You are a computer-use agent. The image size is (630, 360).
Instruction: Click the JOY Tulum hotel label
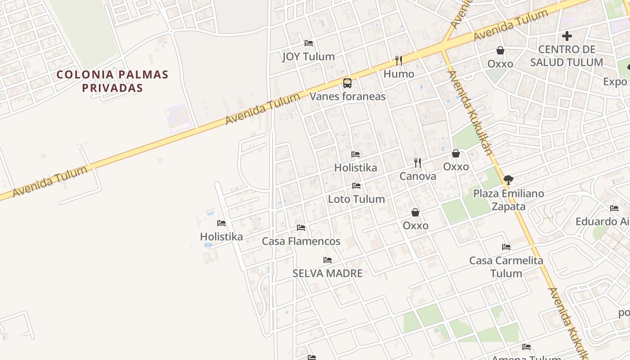pyautogui.click(x=308, y=57)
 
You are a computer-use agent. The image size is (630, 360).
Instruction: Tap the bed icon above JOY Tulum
pyautogui.click(x=309, y=43)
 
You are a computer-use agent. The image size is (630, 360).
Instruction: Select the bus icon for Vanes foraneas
pyautogui.click(x=347, y=83)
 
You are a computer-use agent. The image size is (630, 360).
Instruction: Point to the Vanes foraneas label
pyautogui.click(x=347, y=96)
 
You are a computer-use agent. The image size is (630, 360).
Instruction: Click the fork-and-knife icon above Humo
pyautogui.click(x=398, y=60)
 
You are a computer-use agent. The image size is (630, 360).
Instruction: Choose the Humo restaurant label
pyautogui.click(x=399, y=74)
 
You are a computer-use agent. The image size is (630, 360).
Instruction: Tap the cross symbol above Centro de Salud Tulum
pyautogui.click(x=567, y=36)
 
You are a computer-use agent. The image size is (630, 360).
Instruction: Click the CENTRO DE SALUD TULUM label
pyautogui.click(x=567, y=56)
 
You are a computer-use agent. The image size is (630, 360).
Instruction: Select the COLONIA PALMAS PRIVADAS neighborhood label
pyautogui.click(x=112, y=81)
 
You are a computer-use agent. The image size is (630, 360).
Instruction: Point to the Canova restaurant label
pyautogui.click(x=418, y=176)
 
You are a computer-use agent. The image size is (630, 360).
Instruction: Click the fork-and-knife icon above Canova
pyautogui.click(x=418, y=162)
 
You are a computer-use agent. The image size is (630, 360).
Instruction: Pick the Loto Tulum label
pyautogui.click(x=356, y=199)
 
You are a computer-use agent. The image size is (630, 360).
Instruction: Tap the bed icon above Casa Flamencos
pyautogui.click(x=301, y=228)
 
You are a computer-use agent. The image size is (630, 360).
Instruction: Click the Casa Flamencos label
pyautogui.click(x=301, y=241)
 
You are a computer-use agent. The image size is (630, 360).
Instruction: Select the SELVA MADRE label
pyautogui.click(x=328, y=273)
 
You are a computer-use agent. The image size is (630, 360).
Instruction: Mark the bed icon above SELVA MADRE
pyautogui.click(x=328, y=260)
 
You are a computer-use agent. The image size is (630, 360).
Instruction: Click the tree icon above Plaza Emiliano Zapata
pyautogui.click(x=508, y=180)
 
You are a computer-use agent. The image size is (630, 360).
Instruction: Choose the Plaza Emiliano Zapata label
pyautogui.click(x=508, y=200)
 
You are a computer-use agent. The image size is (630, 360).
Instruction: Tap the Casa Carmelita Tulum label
pyautogui.click(x=506, y=266)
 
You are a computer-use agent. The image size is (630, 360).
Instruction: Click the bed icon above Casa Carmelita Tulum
pyautogui.click(x=506, y=247)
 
